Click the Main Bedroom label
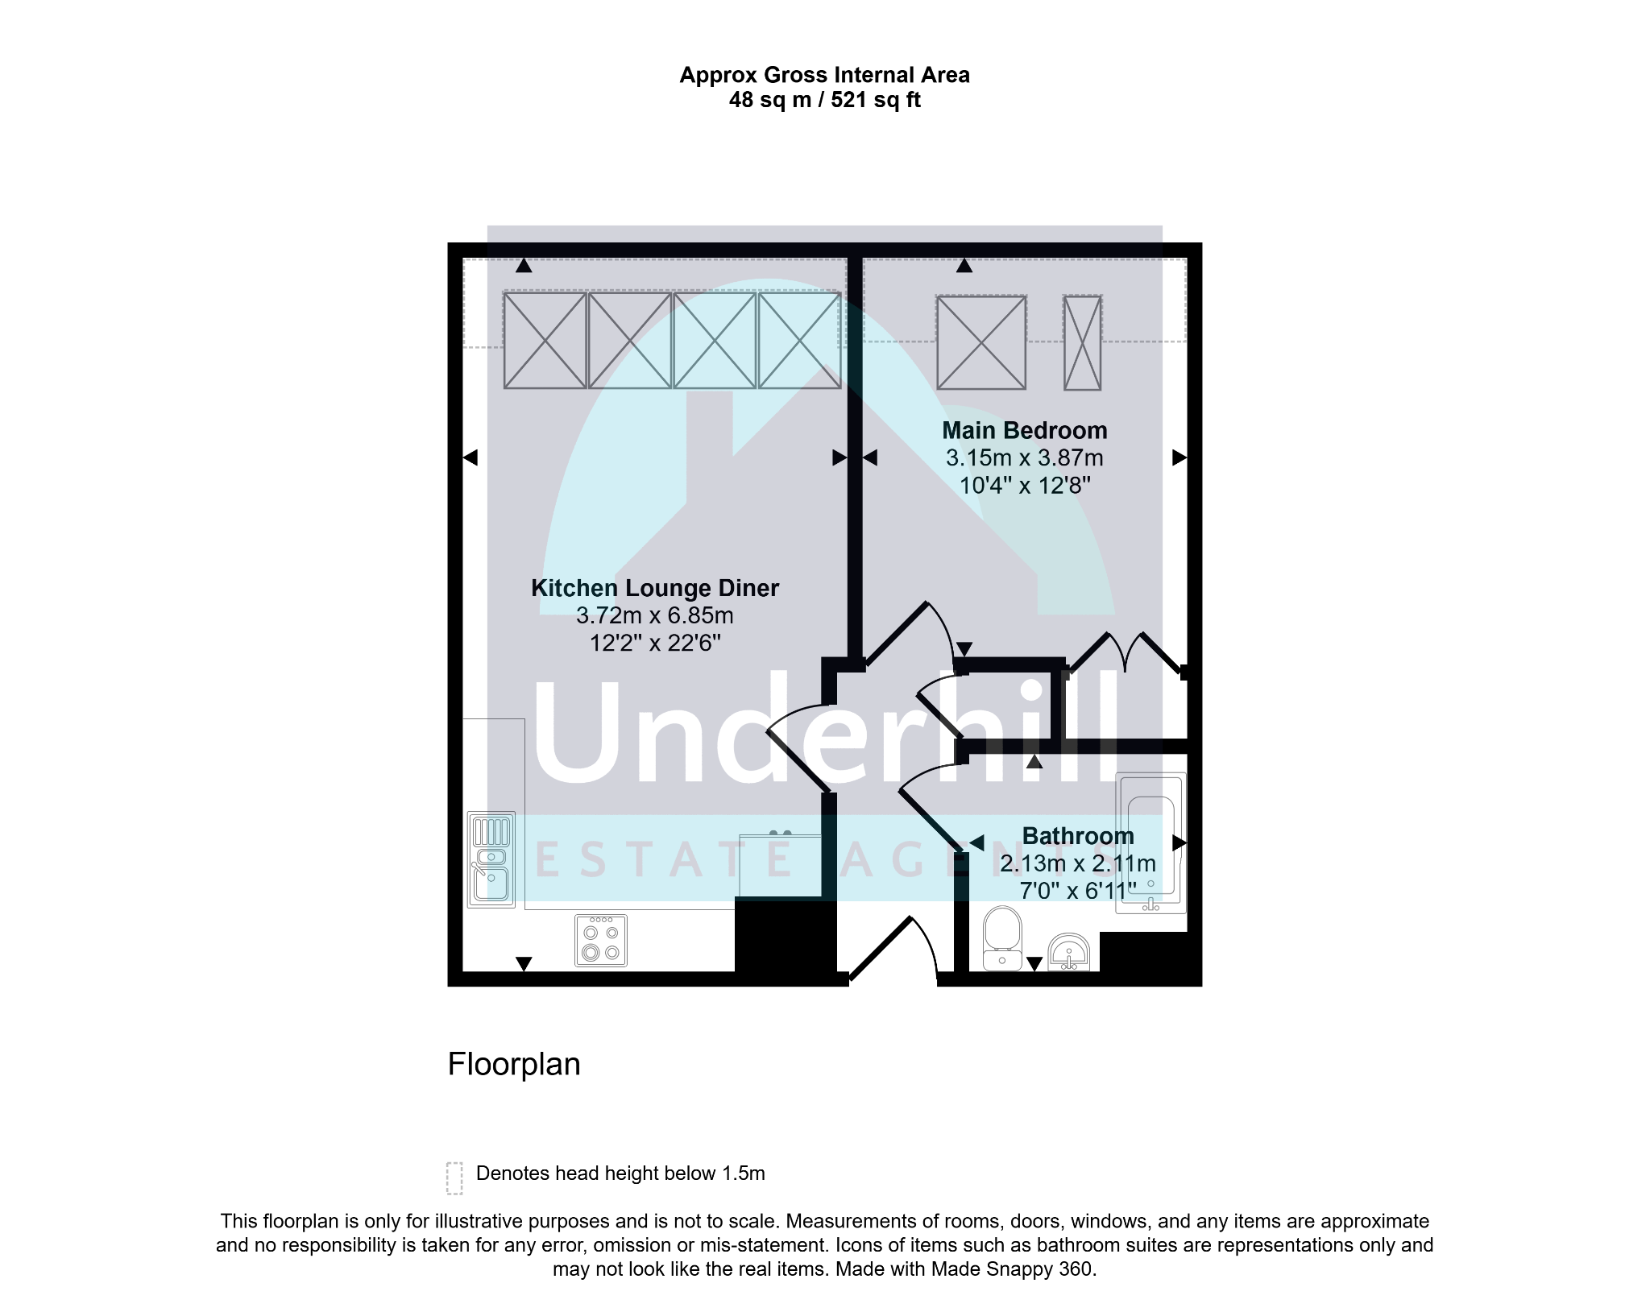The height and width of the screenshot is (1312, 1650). click(x=1024, y=431)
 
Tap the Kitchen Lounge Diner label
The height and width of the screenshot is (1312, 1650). click(x=654, y=588)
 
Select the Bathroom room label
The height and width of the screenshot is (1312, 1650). click(x=1077, y=836)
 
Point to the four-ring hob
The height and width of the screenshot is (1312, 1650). click(x=601, y=940)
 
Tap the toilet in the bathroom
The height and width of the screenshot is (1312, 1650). click(x=1002, y=938)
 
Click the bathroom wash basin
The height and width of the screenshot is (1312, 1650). click(x=1068, y=952)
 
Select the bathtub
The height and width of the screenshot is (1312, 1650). click(x=1150, y=842)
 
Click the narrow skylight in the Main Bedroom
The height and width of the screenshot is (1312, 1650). click(x=1082, y=342)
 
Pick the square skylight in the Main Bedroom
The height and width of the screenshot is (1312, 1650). click(x=981, y=342)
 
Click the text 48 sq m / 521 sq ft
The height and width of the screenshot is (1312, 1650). click(x=824, y=100)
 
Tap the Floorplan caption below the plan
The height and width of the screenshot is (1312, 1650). click(x=514, y=1065)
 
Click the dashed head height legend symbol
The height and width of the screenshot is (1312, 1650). click(x=454, y=1177)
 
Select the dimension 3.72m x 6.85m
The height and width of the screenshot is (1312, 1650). click(x=654, y=616)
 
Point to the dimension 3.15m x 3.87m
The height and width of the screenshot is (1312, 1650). click(x=1024, y=458)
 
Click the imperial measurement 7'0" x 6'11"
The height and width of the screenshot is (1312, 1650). click(x=1077, y=890)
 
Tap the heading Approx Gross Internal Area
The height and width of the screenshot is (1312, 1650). click(x=824, y=75)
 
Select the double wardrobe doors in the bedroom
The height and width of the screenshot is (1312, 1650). click(x=1126, y=652)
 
